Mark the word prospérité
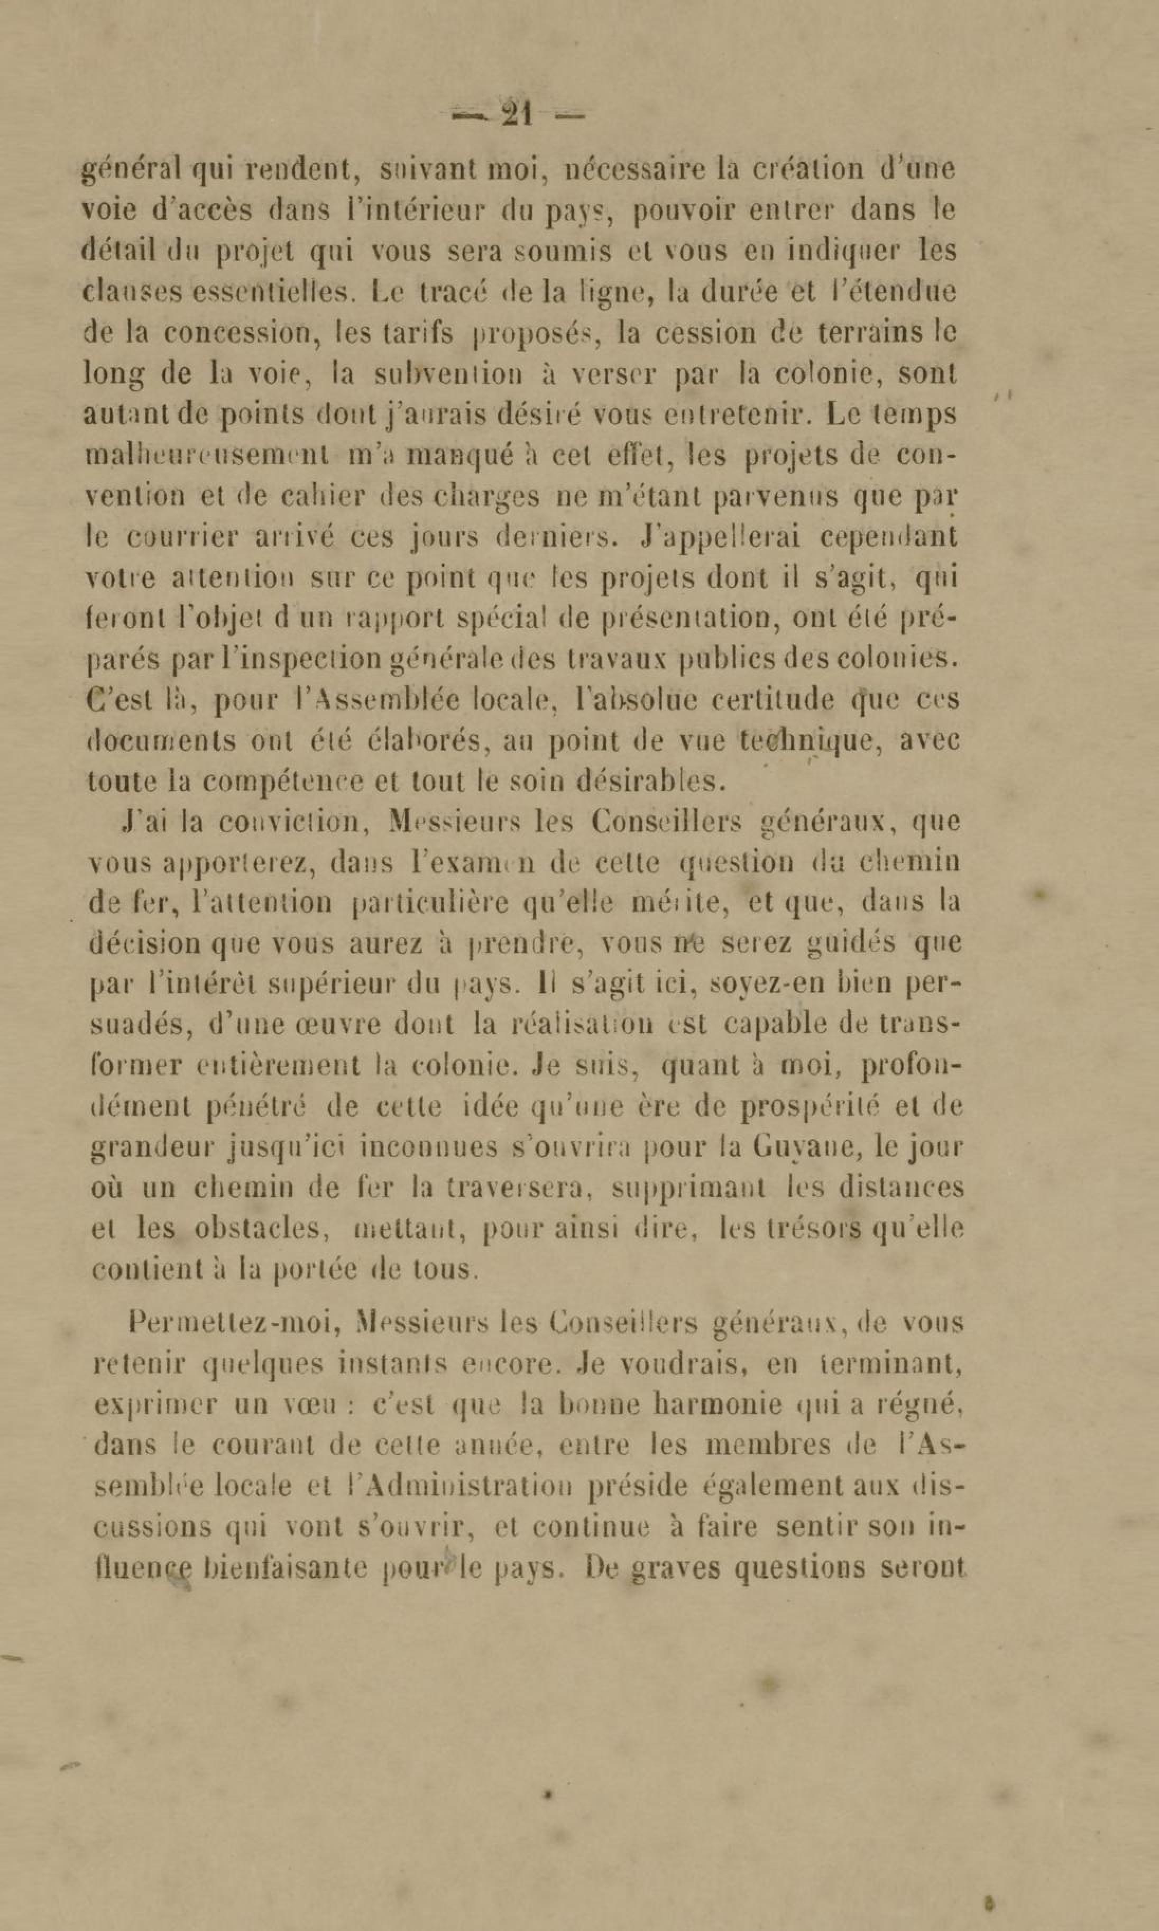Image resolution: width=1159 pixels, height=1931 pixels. (x=816, y=1107)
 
